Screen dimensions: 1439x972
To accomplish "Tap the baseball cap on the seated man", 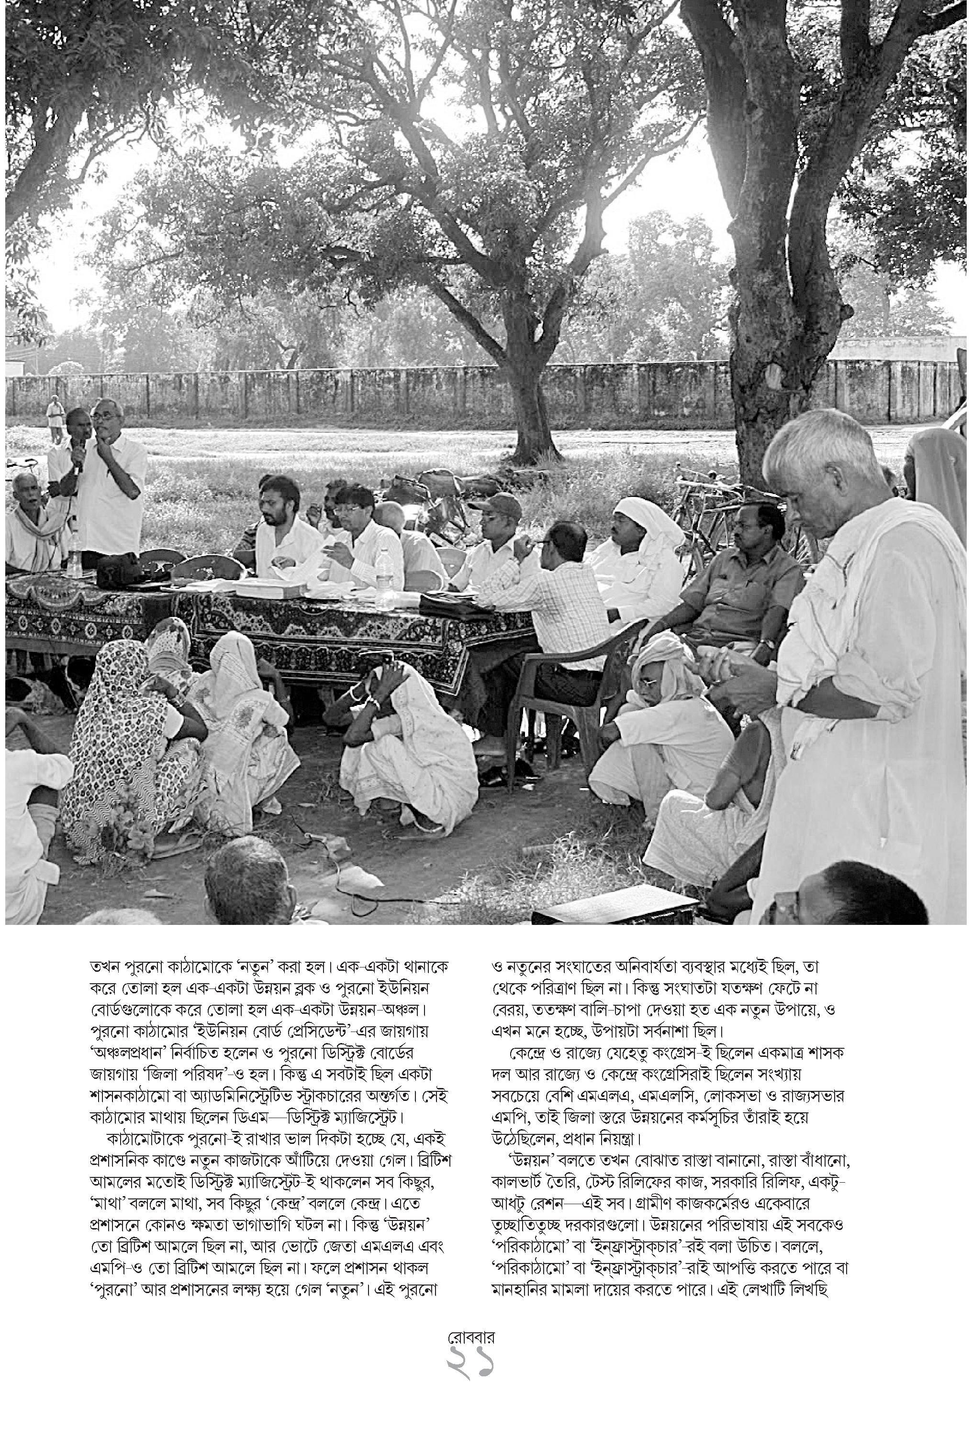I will [x=497, y=506].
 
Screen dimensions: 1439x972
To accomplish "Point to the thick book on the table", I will [x=268, y=588].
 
